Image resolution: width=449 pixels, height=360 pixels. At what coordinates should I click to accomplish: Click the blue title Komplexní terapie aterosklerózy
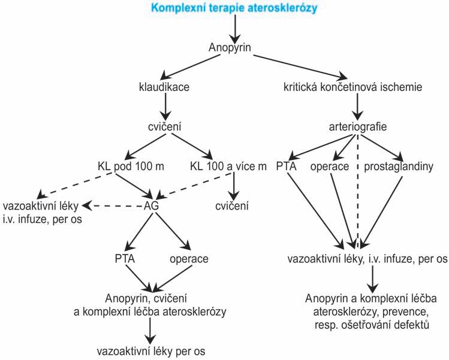click(234, 9)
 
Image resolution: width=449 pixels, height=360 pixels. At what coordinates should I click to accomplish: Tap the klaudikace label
click(164, 87)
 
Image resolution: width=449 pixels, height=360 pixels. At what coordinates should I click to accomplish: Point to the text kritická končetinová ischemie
click(357, 87)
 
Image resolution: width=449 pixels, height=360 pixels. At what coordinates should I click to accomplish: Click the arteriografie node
click(358, 127)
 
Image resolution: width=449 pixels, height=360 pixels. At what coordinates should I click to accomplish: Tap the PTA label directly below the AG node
click(124, 259)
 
